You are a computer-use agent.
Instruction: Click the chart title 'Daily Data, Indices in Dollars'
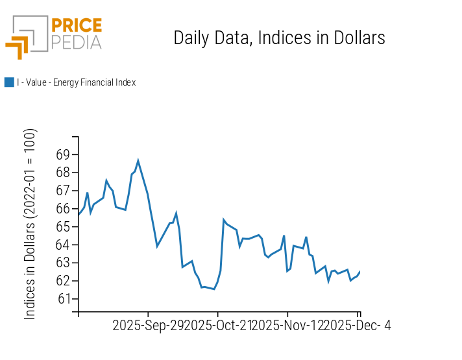[x=279, y=38]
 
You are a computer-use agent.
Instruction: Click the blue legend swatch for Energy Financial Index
[x=9, y=82]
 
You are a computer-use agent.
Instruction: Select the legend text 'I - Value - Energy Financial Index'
[x=76, y=82]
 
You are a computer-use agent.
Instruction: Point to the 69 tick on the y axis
[x=63, y=154]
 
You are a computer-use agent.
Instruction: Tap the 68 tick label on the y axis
[x=63, y=173]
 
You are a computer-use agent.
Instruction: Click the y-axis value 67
[x=63, y=191]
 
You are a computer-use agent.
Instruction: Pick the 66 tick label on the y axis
[x=63, y=209]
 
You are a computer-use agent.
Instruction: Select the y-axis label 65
[x=63, y=227]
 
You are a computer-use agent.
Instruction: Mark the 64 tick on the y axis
[x=63, y=245]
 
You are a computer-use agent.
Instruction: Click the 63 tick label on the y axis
[x=63, y=263]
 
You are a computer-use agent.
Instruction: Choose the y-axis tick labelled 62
[x=63, y=281]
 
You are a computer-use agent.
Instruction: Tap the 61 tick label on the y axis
[x=63, y=299]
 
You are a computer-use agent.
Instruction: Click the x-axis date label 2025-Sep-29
[x=148, y=325]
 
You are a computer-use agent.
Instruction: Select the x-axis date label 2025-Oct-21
[x=218, y=325]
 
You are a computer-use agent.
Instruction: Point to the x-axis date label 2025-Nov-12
[x=287, y=325]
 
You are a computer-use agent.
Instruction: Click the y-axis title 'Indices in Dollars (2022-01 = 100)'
[x=30, y=224]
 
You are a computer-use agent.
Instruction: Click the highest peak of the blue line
[x=138, y=160]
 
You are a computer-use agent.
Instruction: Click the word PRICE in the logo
[x=76, y=26]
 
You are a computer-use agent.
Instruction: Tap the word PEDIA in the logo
[x=76, y=42]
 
